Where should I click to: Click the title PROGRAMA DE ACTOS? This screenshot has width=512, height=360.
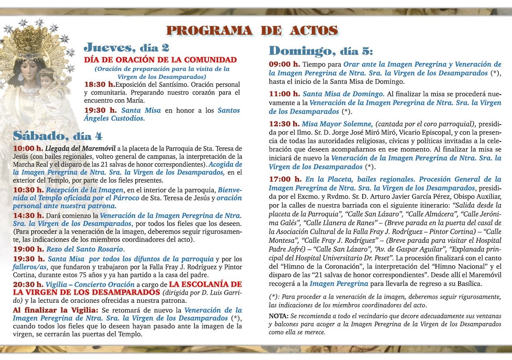tap(252, 30)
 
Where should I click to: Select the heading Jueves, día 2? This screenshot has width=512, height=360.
tap(126, 47)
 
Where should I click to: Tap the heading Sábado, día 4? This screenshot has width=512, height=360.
tap(58, 135)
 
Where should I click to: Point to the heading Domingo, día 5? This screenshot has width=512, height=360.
tap(321, 51)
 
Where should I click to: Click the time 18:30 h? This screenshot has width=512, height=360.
tap(99, 84)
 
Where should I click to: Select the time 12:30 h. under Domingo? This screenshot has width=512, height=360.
tap(284, 124)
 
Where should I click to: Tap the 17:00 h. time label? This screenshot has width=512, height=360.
tap(285, 179)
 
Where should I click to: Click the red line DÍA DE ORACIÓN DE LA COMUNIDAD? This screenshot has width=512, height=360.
tap(160, 60)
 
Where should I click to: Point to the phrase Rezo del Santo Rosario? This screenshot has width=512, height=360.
tap(85, 249)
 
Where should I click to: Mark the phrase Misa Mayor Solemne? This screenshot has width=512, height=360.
tap(337, 124)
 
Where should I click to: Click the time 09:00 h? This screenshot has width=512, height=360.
tap(284, 65)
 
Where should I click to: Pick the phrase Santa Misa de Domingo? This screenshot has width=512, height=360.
tap(343, 94)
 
